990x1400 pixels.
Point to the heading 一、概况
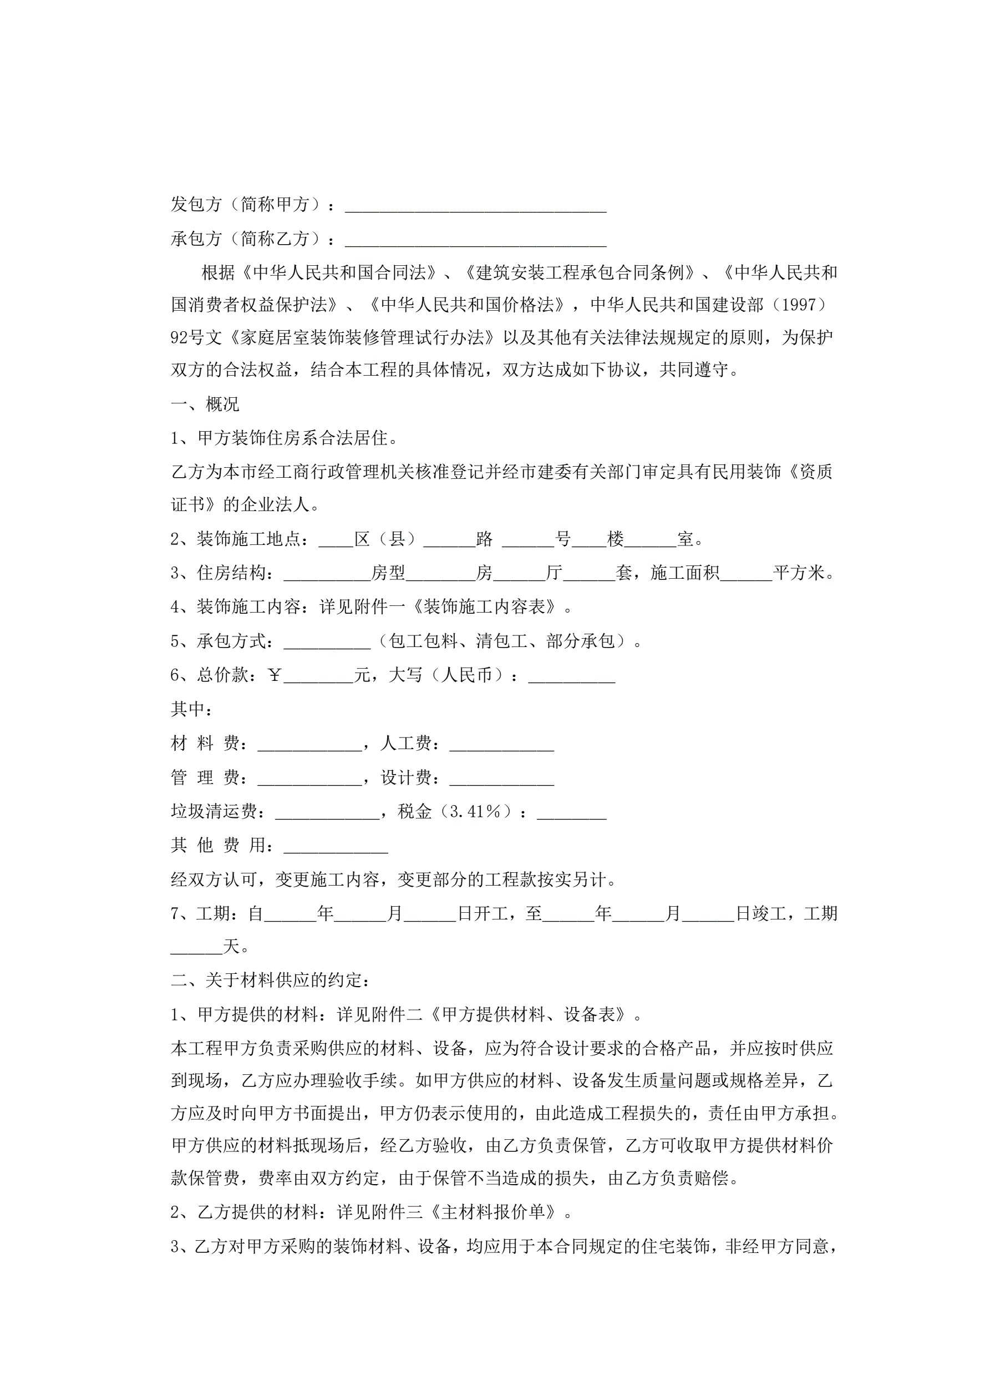205,405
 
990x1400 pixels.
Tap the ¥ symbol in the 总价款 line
275,675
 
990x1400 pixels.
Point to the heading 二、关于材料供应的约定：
270,981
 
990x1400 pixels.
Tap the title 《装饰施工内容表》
485,607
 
